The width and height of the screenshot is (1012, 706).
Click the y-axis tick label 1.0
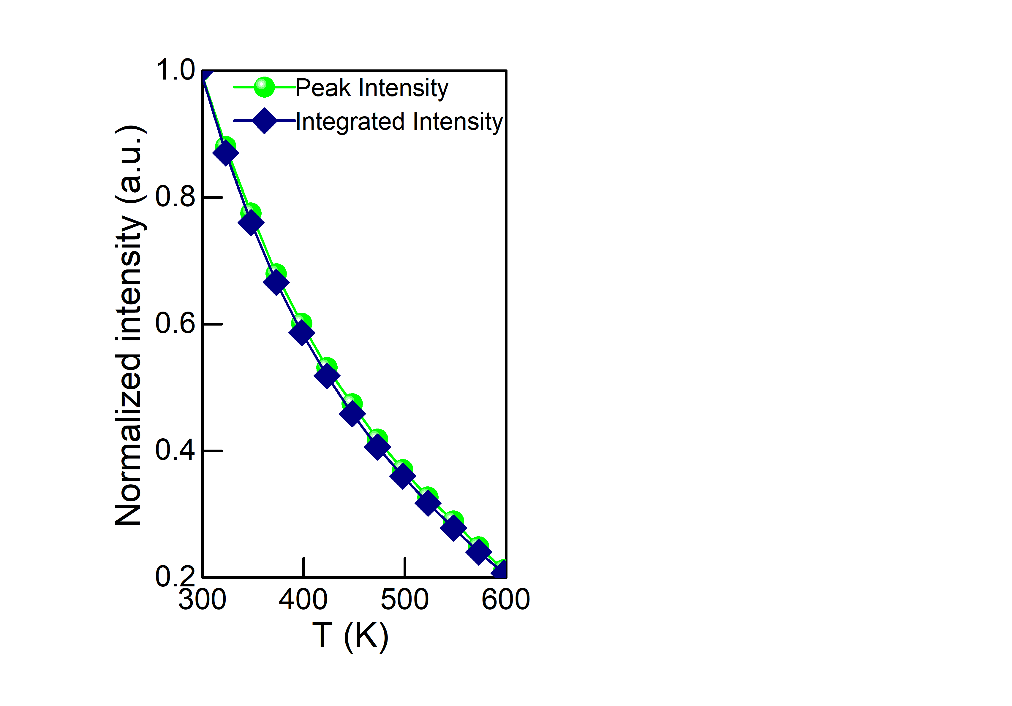point(175,70)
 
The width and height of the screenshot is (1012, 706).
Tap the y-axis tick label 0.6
point(175,324)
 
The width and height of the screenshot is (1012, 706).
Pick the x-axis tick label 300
point(202,600)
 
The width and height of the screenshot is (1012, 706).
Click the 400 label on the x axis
point(303,600)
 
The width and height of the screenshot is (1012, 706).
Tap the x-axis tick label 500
point(405,600)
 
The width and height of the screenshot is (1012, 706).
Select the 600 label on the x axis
point(506,600)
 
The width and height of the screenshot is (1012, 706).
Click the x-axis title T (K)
point(350,637)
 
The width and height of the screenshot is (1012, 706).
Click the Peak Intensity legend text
point(371,88)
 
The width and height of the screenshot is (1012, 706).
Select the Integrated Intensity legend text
point(399,122)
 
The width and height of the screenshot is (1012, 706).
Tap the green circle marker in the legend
point(264,87)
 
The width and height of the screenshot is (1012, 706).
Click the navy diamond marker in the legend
point(264,121)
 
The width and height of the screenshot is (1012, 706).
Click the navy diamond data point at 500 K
point(402,476)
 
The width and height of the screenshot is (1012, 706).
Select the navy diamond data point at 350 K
point(251,223)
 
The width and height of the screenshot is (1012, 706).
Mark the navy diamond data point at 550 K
point(453,528)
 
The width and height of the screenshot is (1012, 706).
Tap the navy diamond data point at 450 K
point(352,414)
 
